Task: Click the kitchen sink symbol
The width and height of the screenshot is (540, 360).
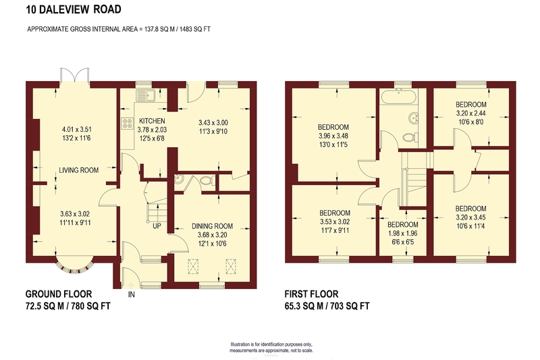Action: tap(146, 95)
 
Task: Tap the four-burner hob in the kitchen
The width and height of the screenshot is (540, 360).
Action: tap(128, 124)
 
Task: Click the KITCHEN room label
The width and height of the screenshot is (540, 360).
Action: tap(152, 121)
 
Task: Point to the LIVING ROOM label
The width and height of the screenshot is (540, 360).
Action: tap(78, 170)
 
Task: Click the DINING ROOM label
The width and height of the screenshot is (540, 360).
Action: tap(212, 226)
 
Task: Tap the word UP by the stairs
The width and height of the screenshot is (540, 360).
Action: tap(157, 226)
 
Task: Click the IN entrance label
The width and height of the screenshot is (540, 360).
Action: tap(131, 294)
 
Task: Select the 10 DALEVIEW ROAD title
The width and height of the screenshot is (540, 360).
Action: tap(74, 9)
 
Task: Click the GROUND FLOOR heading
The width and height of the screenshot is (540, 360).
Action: tap(59, 294)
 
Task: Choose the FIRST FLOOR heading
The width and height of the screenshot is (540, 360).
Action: tap(311, 294)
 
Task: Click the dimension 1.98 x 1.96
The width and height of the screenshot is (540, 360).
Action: tap(402, 233)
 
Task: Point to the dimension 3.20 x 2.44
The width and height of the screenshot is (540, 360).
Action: tap(470, 113)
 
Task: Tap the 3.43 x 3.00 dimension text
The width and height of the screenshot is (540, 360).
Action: tap(213, 123)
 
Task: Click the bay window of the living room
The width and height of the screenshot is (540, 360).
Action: tap(75, 266)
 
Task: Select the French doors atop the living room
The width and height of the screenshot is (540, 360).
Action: tap(75, 75)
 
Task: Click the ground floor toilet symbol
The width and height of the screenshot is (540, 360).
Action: tap(207, 180)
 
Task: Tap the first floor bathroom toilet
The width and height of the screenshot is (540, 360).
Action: tap(410, 138)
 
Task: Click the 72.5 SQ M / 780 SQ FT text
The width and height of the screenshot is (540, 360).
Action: tap(68, 306)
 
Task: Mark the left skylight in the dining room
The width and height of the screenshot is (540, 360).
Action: tap(194, 266)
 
